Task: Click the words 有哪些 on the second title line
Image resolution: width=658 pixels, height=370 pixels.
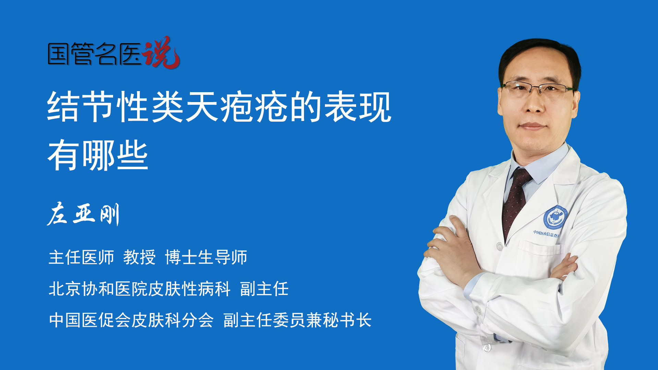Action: point(98,155)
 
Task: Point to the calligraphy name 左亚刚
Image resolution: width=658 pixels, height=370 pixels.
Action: point(83,214)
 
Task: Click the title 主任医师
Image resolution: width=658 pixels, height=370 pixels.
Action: point(81,257)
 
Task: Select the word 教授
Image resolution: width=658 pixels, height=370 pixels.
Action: point(139,257)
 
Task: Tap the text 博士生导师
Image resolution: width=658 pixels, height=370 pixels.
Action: point(206,257)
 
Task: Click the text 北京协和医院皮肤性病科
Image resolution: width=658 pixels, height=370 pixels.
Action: point(139,289)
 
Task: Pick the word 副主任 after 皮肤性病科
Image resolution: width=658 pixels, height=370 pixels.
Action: point(264,289)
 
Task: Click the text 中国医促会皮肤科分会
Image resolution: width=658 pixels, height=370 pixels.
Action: point(131,320)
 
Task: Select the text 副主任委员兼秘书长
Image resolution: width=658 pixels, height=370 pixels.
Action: point(297,320)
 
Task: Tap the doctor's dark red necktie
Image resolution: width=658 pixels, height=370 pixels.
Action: point(516,202)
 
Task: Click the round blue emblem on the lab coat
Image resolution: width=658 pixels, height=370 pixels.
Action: point(555,218)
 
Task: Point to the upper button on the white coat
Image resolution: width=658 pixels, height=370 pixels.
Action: point(499,246)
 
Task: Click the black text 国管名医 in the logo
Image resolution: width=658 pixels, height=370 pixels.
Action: point(95,54)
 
